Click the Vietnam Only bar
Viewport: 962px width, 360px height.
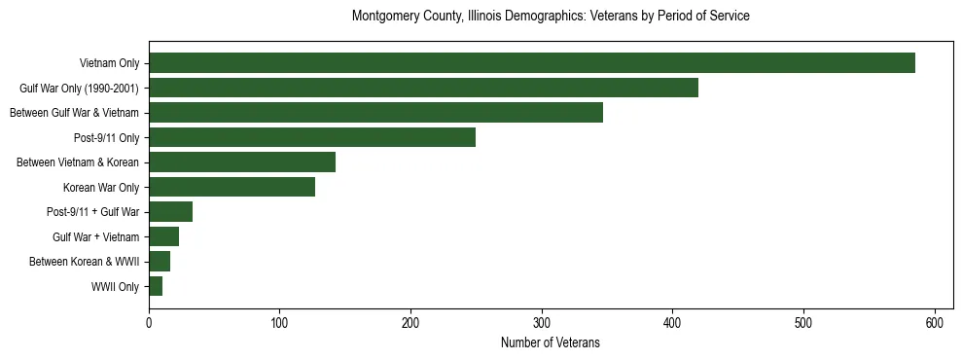coord(532,63)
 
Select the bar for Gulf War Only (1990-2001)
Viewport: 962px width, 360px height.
coord(423,88)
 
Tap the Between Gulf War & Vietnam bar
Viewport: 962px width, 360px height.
coord(375,113)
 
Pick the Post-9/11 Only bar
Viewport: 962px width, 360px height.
coord(312,137)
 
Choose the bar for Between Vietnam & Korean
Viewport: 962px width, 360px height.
coord(242,162)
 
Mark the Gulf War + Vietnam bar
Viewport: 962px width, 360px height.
coord(163,236)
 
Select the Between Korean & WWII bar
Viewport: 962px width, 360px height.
coord(160,262)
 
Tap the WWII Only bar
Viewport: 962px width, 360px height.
coord(156,286)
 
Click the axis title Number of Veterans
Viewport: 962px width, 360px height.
coord(551,343)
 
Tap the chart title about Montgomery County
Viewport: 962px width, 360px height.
coord(551,17)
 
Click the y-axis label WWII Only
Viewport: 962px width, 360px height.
coord(115,287)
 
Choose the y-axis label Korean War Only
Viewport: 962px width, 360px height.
coord(101,188)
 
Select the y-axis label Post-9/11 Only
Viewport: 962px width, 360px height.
coord(107,138)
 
